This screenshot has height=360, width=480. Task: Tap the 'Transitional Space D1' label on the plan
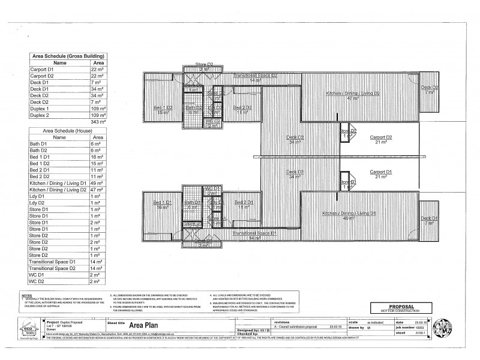[x=253, y=234]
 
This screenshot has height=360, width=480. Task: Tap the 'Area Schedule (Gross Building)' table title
[x=68, y=55]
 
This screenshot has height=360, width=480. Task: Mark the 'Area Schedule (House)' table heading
[x=68, y=130]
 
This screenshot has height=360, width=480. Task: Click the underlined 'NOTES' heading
[x=26, y=296]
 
